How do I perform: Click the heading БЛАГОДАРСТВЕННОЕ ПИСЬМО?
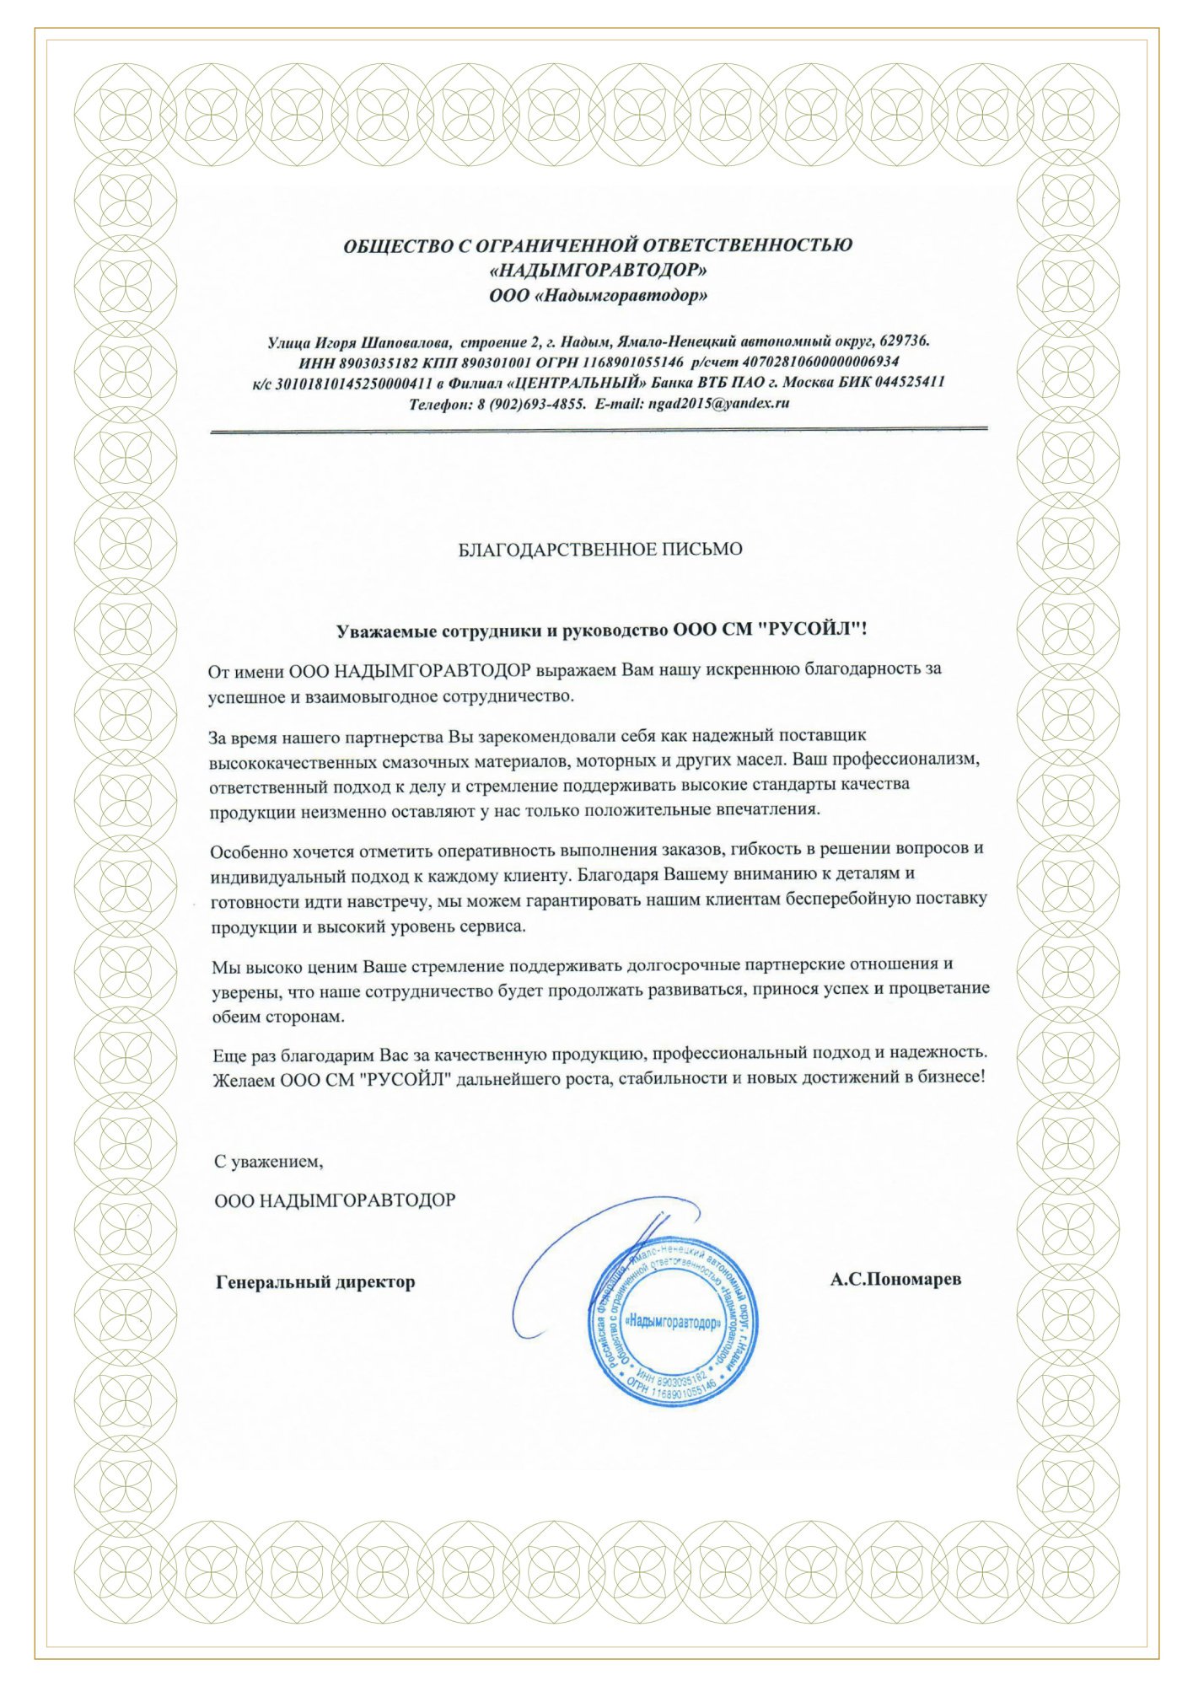click(x=599, y=550)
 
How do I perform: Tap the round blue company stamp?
click(x=674, y=1323)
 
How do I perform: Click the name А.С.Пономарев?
click(x=895, y=1279)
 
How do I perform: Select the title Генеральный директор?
click(x=315, y=1282)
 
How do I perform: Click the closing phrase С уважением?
click(x=268, y=1161)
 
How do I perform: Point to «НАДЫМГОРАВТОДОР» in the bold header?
click(x=598, y=271)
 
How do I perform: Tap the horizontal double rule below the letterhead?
click(x=598, y=431)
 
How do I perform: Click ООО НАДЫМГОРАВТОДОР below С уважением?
click(x=335, y=1200)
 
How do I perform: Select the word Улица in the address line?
click(x=288, y=342)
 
